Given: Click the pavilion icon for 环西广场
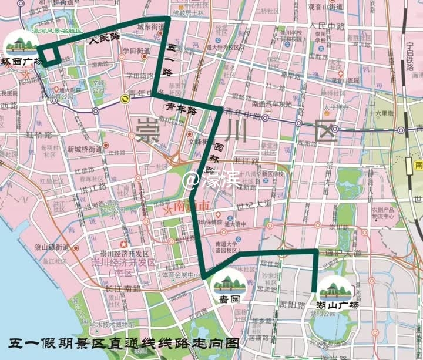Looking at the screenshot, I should coord(20,43).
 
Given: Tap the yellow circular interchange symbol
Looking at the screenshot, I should coord(125,100).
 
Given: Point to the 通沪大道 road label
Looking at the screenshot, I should coord(341,253).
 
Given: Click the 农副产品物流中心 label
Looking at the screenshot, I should coord(381,213).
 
